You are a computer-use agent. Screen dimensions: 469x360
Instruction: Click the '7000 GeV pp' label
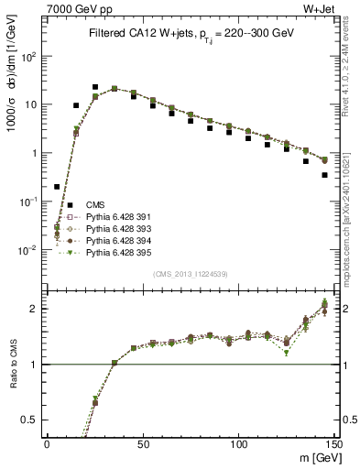pyautogui.click(x=70, y=8)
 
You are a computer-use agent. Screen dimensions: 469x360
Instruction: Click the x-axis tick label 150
pyautogui.click(x=333, y=443)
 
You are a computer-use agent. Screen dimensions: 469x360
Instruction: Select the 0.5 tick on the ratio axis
pyautogui.click(x=35, y=420)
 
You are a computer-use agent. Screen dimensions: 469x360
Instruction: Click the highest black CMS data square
pyautogui.click(x=95, y=87)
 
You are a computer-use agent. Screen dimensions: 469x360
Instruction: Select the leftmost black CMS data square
pyautogui.click(x=57, y=187)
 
